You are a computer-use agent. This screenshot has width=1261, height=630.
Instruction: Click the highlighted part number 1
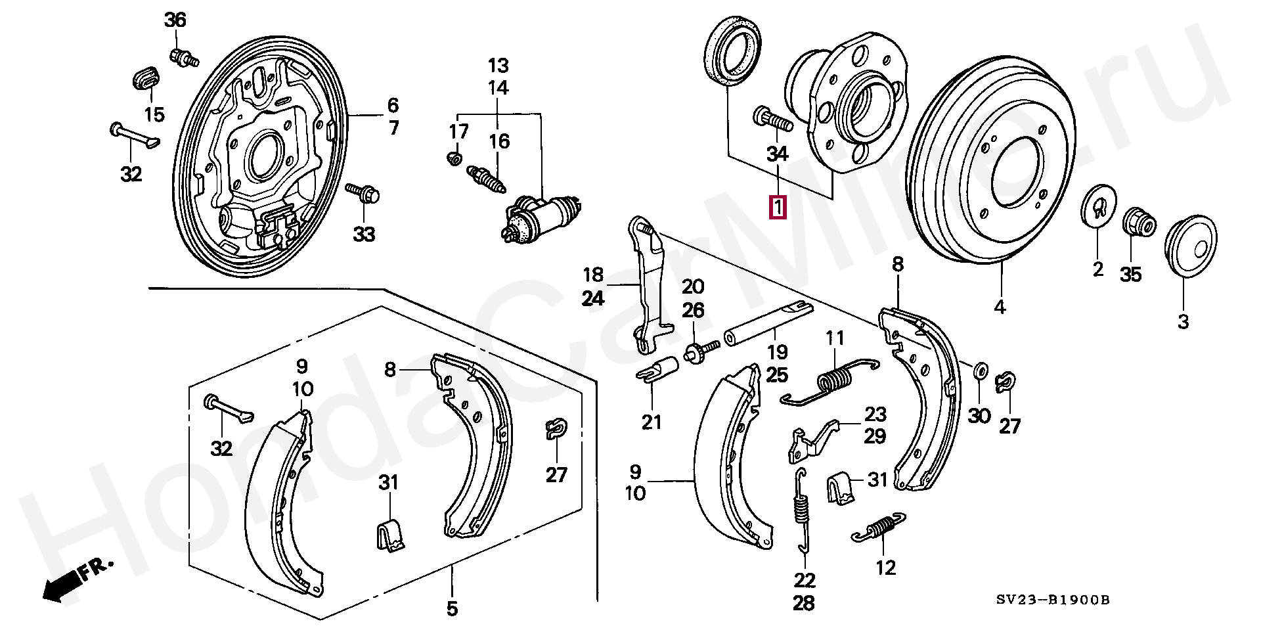coord(778,208)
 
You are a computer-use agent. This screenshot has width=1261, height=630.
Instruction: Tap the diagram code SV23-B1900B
coord(1052,599)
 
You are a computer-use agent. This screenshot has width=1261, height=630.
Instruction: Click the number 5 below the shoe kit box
coord(452,609)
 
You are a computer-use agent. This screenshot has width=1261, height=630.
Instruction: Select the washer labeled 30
coord(979,371)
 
